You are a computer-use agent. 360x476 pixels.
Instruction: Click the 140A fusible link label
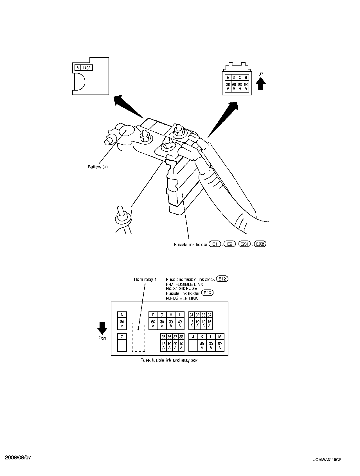click(87, 68)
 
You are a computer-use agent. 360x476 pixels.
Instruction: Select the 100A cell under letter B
click(246, 86)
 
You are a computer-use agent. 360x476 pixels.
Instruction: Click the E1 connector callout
click(215, 244)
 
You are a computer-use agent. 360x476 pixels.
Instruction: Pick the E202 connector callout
click(260, 244)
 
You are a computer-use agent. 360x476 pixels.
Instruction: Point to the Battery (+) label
click(98, 167)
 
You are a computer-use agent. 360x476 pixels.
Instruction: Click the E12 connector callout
click(222, 279)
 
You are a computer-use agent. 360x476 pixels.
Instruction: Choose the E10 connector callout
click(208, 293)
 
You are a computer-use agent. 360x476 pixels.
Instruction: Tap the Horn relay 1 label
click(145, 280)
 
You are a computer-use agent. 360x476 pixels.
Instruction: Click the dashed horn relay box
click(138, 337)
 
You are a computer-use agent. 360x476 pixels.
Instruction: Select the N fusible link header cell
click(122, 315)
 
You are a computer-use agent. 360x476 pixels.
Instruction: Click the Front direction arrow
click(102, 328)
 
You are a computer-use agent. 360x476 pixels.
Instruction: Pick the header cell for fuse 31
click(192, 315)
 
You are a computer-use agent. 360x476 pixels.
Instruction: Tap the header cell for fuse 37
click(175, 337)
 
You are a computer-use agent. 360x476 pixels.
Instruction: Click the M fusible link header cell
click(220, 337)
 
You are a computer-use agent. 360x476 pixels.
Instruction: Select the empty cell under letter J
click(193, 345)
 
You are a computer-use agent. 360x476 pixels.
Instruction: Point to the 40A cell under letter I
click(180, 324)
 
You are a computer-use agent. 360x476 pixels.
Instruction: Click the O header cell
click(122, 337)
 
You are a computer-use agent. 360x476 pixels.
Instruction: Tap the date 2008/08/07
click(18, 457)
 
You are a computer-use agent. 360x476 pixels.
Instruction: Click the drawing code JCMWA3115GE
click(327, 460)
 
